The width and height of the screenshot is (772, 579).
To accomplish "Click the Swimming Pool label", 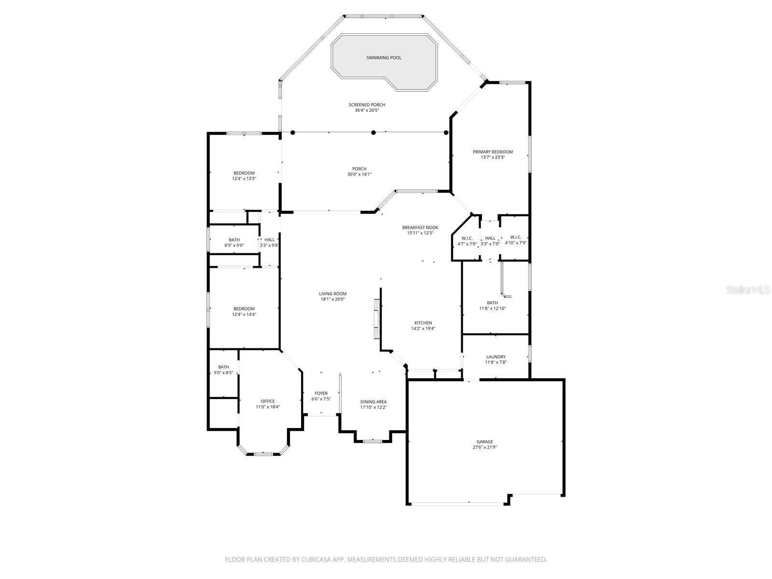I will (x=384, y=58).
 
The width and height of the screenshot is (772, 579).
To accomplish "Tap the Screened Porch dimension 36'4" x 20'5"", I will (x=367, y=110).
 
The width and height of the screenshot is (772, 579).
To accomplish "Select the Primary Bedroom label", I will (x=493, y=152).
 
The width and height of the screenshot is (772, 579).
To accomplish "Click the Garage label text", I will (x=485, y=441).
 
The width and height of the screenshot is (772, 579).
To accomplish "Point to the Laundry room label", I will (x=496, y=357).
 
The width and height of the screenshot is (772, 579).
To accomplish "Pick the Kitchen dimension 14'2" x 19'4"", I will (x=423, y=329).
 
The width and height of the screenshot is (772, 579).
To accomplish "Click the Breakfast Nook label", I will (x=420, y=227).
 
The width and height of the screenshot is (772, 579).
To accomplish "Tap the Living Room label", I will (x=332, y=293).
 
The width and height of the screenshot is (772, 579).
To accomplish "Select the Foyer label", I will (x=321, y=393).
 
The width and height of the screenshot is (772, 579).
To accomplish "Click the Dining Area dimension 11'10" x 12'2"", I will (x=373, y=407).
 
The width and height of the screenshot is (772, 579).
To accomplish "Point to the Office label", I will (x=268, y=401).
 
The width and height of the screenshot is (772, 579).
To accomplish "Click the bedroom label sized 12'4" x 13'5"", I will (x=244, y=173).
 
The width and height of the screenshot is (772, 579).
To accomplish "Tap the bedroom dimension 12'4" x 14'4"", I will (x=244, y=315).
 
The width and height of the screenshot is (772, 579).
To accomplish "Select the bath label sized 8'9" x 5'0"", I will (x=234, y=240).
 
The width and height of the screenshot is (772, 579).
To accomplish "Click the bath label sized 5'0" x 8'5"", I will (x=223, y=367).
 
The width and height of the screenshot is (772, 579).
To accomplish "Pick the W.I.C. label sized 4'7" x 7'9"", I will (x=467, y=238).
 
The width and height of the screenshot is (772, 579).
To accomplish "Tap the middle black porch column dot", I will (x=373, y=132).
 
